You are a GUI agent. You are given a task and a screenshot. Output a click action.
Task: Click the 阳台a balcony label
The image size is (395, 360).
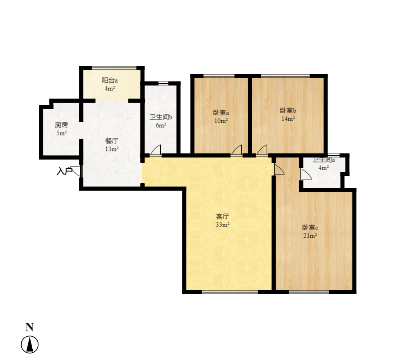click(x=110, y=81)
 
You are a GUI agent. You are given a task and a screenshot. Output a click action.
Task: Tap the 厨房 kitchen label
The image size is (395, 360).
click(x=61, y=125)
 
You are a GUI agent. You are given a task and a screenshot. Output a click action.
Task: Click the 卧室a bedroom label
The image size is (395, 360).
click(x=221, y=112)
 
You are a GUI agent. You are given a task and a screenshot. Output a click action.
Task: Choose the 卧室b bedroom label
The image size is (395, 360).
click(x=288, y=110)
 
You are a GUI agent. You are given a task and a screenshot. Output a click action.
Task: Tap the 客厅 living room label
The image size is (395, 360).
click(x=222, y=216)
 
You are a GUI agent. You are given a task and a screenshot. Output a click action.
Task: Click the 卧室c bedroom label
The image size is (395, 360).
click(x=310, y=227)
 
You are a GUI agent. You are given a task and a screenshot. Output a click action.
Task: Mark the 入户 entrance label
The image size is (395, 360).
click(x=64, y=171)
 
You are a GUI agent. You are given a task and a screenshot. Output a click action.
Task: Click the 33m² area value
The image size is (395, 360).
click(x=222, y=225)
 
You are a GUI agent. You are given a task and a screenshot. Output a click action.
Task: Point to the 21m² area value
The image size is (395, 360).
click(x=310, y=236)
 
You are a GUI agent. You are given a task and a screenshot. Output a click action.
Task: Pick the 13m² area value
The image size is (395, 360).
click(x=112, y=149)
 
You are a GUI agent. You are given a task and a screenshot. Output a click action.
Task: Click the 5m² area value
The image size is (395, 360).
click(x=61, y=133)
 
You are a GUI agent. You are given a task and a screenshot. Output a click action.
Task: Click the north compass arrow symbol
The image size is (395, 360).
click(x=30, y=344)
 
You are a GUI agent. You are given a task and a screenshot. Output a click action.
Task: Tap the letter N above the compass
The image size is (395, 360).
click(x=29, y=327)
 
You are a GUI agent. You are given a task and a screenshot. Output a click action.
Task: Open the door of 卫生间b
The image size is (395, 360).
click(x=155, y=151)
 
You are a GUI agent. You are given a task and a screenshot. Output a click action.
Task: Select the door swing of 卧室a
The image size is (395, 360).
click(x=236, y=151)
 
